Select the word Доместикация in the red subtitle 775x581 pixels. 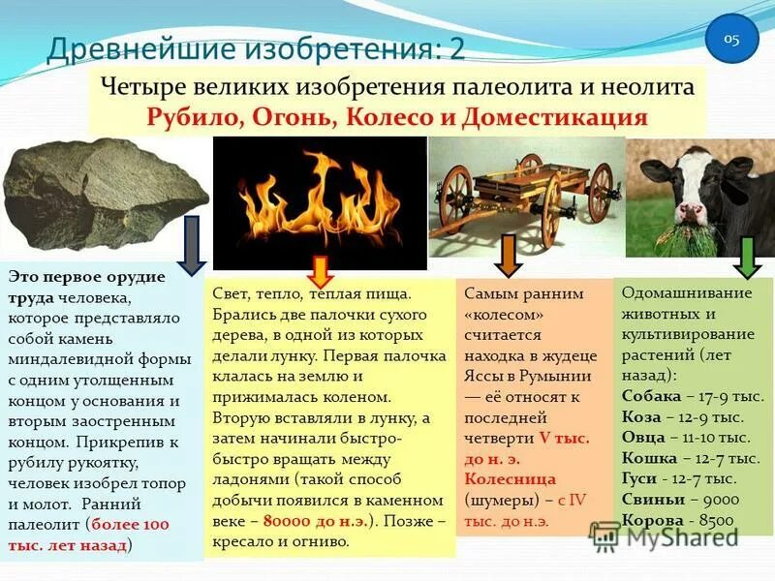point(571,118)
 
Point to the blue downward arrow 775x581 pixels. point(191,245)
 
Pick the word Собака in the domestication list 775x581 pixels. point(652,396)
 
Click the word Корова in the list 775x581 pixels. point(652,519)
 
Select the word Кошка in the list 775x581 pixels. point(648,457)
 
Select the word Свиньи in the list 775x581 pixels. point(653,499)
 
